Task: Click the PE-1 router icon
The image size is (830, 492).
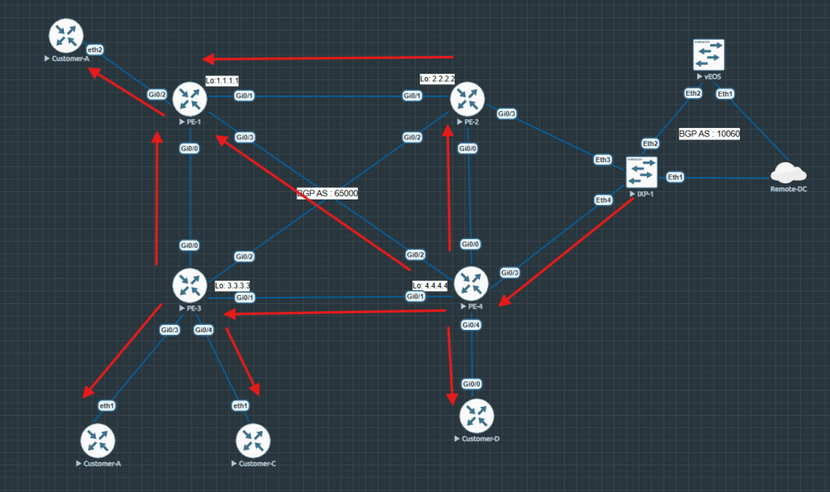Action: click(190, 99)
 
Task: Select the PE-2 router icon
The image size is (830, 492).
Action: click(467, 99)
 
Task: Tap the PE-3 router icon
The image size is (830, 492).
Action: click(190, 285)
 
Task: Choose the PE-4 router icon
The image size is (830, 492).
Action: click(471, 284)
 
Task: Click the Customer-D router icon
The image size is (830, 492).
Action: click(476, 417)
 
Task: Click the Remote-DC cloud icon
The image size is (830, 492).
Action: click(785, 173)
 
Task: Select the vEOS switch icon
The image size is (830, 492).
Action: click(708, 55)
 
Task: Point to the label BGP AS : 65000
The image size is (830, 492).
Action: click(327, 194)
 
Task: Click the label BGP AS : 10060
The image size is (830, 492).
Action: click(709, 133)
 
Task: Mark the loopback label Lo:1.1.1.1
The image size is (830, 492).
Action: click(222, 80)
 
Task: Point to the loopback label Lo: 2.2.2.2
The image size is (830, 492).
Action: click(438, 79)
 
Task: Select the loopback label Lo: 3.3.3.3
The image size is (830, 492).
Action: click(233, 286)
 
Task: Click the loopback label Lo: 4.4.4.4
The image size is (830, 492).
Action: click(430, 285)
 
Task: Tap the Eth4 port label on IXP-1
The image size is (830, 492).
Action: click(603, 200)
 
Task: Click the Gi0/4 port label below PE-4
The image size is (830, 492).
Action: click(471, 325)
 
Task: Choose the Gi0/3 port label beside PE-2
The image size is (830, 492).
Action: click(507, 113)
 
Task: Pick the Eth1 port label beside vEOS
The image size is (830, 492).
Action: click(725, 93)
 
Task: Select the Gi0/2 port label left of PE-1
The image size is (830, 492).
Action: click(157, 95)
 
